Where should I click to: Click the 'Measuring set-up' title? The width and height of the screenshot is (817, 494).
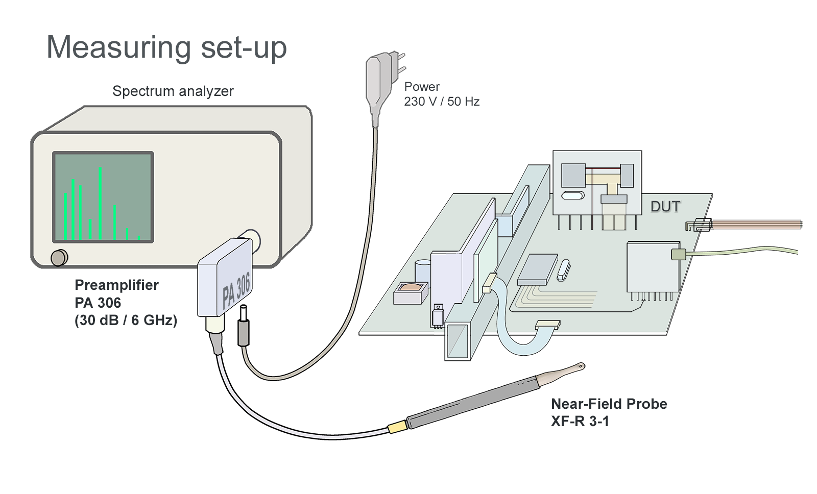tap(166, 47)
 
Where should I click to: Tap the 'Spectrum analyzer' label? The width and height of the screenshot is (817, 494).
tap(173, 91)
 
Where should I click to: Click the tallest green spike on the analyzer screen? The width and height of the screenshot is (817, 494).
tap(101, 203)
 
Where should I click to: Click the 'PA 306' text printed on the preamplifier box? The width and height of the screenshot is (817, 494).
tap(236, 290)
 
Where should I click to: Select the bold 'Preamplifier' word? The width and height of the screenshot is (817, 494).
tap(116, 285)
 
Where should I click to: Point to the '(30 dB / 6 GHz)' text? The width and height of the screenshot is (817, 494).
tap(126, 320)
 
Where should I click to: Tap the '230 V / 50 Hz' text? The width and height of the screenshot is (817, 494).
tap(442, 102)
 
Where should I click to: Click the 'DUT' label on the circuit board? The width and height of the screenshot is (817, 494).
tap(665, 207)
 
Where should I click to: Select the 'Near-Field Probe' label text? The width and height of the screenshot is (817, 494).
tap(609, 404)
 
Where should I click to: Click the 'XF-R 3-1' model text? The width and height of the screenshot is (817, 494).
tap(580, 422)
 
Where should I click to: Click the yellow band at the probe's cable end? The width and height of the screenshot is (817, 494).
tap(396, 427)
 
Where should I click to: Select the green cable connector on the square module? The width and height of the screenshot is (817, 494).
tap(678, 254)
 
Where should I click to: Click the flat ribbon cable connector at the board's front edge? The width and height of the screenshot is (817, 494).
tap(547, 324)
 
